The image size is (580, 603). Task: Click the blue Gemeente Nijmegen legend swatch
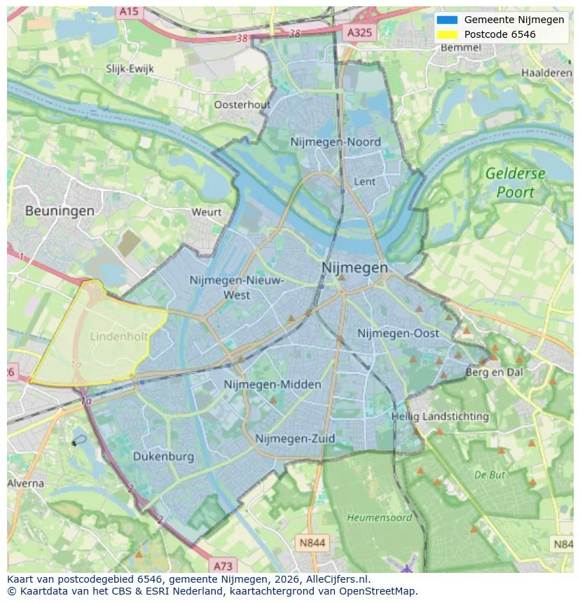click(x=447, y=20)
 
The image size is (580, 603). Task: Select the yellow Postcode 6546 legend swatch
click(x=447, y=34)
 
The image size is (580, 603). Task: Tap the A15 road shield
click(x=128, y=12)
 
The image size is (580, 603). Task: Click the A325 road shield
click(x=360, y=32)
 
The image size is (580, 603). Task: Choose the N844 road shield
click(x=312, y=543)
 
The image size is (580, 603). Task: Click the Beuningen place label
click(x=60, y=210)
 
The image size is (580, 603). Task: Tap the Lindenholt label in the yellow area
click(x=119, y=337)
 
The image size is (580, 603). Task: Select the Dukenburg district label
click(x=163, y=457)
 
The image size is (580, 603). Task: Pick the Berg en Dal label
click(x=495, y=373)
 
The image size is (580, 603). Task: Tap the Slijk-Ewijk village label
click(x=130, y=69)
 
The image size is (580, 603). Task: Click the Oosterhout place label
click(x=242, y=105)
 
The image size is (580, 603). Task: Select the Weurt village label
click(x=206, y=212)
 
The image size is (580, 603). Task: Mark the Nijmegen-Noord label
click(x=336, y=142)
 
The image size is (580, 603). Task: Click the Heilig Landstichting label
click(x=440, y=417)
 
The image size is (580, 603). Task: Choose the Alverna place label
click(x=26, y=483)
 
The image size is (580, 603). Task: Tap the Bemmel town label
click(x=461, y=48)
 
